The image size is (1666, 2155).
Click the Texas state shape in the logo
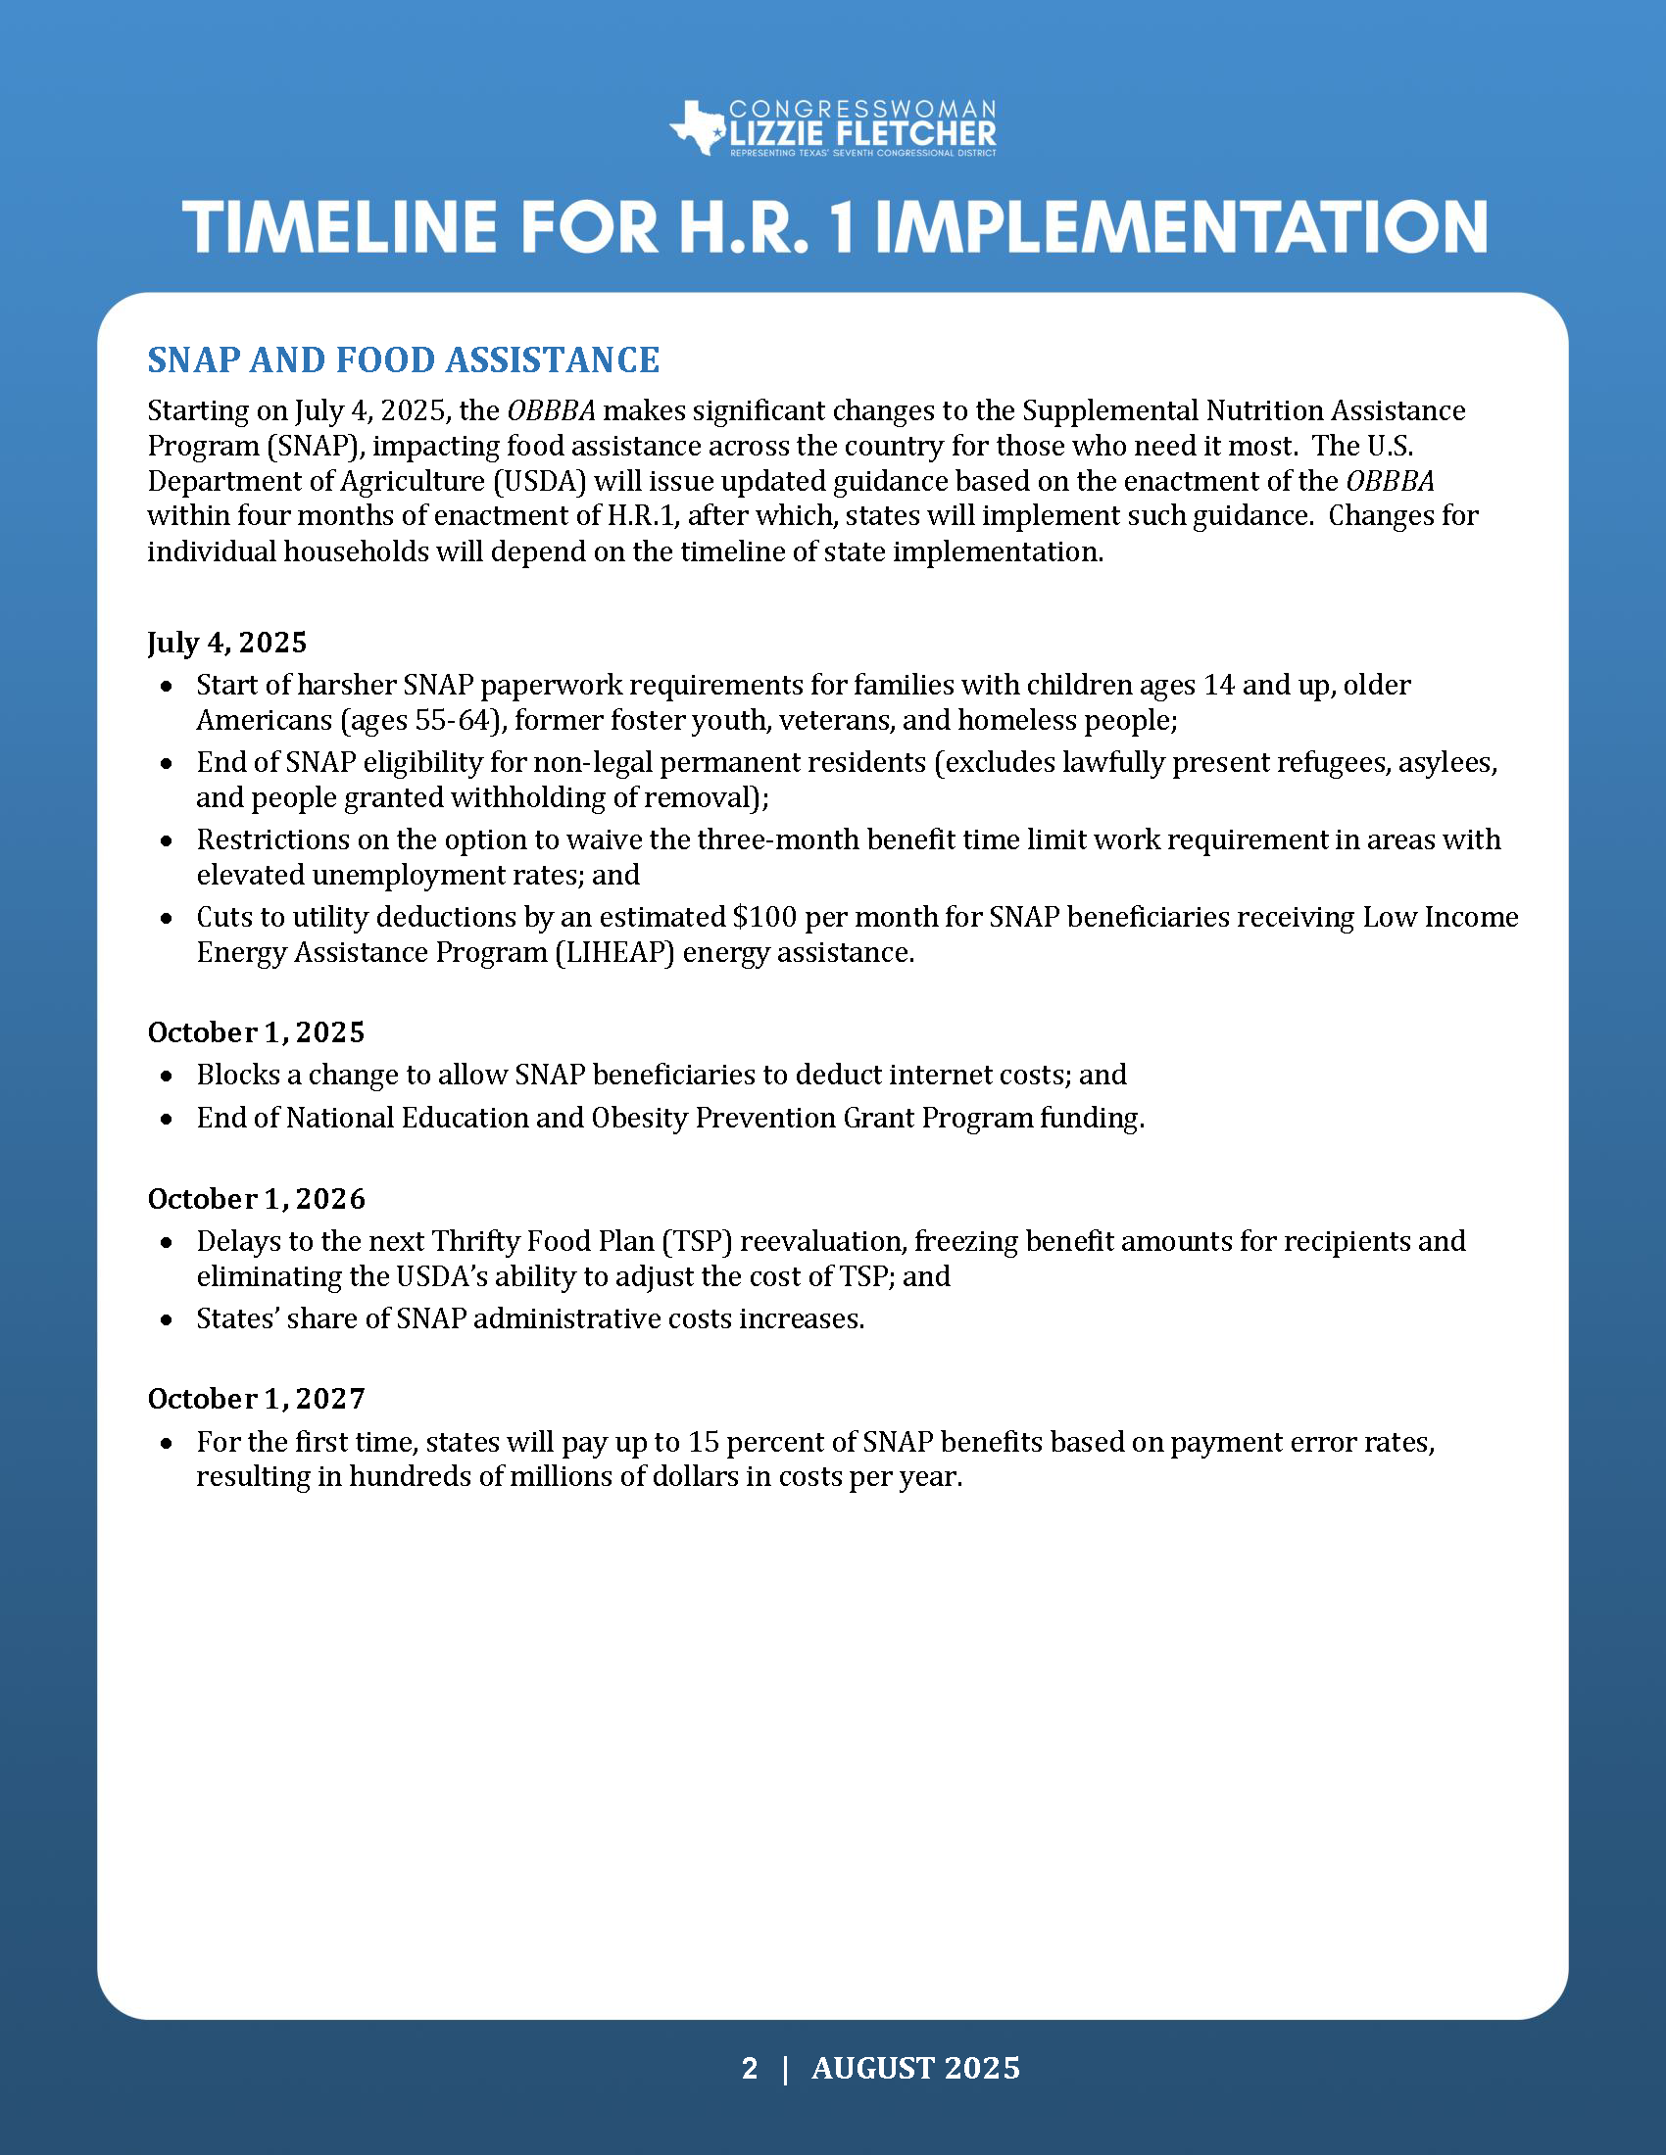click(x=699, y=127)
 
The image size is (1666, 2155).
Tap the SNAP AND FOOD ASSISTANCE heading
click(x=403, y=360)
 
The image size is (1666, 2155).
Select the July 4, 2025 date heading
click(x=227, y=643)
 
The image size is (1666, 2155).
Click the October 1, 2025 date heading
click(x=256, y=1032)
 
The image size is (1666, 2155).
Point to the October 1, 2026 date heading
click(x=256, y=1199)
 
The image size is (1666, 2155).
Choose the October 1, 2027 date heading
click(x=256, y=1398)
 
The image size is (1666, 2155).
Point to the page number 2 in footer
click(x=750, y=2068)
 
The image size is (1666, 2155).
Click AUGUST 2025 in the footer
click(x=915, y=2068)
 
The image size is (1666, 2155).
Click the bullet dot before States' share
click(x=167, y=1319)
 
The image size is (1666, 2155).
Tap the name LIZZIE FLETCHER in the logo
click(x=862, y=133)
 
